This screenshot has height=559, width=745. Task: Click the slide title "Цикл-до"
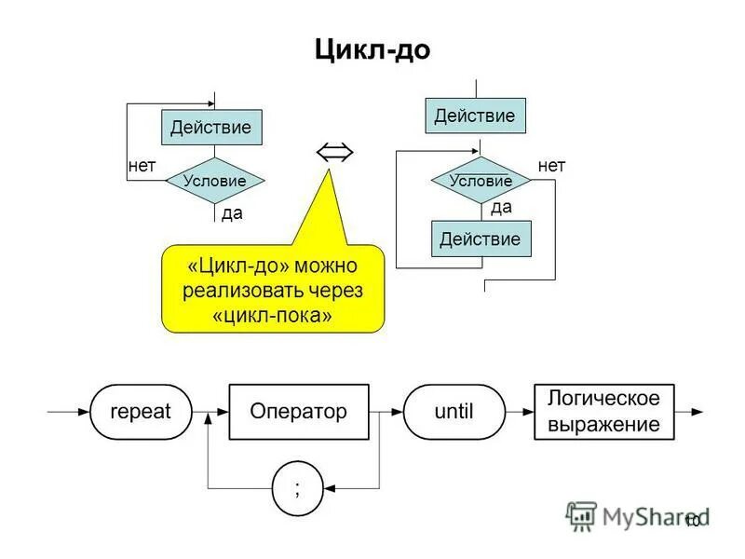[x=372, y=50]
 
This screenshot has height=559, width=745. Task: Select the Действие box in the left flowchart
[x=211, y=128]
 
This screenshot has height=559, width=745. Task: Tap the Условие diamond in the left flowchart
[x=214, y=181]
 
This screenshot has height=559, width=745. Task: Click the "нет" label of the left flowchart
[x=142, y=166]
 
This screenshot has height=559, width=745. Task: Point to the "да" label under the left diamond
[x=232, y=213]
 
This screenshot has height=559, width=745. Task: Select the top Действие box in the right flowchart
[x=475, y=116]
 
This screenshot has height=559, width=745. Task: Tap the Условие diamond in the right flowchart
[x=481, y=181]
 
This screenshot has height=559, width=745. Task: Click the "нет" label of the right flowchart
[x=551, y=166]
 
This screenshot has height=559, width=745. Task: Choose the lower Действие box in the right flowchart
[x=481, y=239]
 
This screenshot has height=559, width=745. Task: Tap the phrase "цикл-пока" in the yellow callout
[x=272, y=316]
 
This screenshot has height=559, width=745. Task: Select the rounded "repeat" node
[x=141, y=411]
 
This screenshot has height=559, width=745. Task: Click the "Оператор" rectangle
[x=298, y=411]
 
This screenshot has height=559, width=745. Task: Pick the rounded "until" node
[x=454, y=411]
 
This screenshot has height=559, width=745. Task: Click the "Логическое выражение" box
[x=603, y=412]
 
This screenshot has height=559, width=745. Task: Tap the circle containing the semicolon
[x=297, y=488]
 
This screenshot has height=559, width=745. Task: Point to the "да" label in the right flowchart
[x=501, y=208]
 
